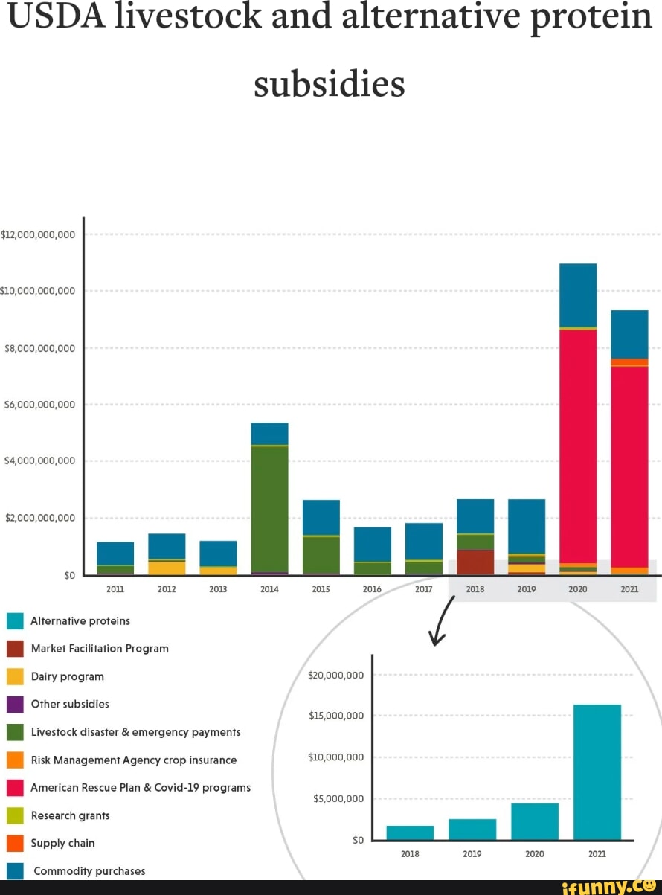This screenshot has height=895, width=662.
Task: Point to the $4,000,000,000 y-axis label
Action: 40,461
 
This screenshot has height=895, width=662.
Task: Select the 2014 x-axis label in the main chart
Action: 269,589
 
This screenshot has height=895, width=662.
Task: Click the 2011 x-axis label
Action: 115,589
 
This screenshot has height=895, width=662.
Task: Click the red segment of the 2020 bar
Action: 578,446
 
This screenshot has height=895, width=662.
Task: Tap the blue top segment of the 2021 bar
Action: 629,334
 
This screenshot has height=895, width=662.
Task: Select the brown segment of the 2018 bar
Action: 475,562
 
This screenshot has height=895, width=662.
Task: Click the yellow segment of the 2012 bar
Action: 167,568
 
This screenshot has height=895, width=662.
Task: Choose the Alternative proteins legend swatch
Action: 16,621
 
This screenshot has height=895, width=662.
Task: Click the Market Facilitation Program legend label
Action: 100,649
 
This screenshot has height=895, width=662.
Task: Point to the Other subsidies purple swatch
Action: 16,705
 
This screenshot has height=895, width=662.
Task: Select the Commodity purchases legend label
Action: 89,871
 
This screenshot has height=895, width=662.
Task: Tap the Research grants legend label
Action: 71,815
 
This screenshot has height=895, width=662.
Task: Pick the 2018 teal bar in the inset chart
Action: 410,833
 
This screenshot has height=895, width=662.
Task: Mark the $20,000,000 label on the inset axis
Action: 335,676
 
